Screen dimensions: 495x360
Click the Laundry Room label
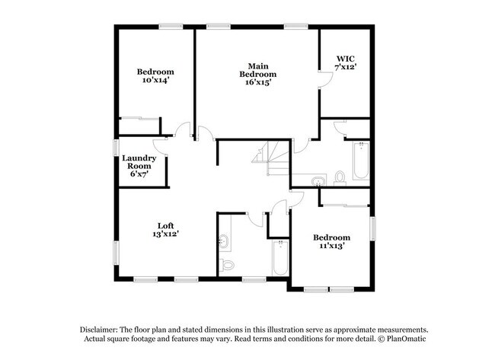(x=139, y=162)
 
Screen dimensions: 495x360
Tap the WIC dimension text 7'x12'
(x=346, y=67)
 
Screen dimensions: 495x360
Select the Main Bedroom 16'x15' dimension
(x=258, y=82)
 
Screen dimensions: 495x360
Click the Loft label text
(x=166, y=225)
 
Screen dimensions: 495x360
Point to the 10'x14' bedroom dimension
(x=155, y=80)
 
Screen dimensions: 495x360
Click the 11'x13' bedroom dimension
(x=331, y=246)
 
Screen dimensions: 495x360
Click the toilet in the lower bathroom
(x=227, y=265)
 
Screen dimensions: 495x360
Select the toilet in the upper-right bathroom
(x=340, y=178)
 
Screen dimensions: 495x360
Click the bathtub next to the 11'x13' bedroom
(x=280, y=257)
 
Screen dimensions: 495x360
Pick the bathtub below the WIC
(x=361, y=161)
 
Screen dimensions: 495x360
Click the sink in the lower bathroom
(x=224, y=241)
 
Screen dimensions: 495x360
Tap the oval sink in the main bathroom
(x=318, y=181)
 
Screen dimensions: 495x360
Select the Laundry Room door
(x=159, y=146)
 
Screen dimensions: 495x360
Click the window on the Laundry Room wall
(x=117, y=148)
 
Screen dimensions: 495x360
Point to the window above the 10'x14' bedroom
(x=171, y=27)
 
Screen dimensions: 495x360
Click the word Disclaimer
(x=99, y=330)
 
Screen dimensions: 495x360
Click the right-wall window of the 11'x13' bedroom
(x=372, y=228)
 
